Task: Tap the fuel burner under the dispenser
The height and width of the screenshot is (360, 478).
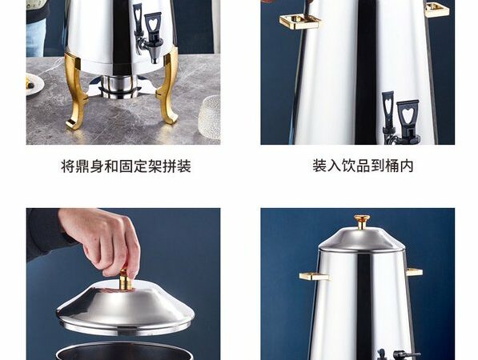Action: tap(119, 86)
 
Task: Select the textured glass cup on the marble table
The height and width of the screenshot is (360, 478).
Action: tap(210, 118)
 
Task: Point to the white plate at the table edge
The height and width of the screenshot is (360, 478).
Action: tap(34, 84)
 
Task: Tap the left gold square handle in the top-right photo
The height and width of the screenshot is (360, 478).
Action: tap(300, 22)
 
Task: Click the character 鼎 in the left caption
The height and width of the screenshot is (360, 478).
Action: tap(82, 166)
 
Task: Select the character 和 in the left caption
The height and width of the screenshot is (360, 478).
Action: tap(111, 166)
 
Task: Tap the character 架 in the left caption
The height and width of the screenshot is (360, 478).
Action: tap(155, 166)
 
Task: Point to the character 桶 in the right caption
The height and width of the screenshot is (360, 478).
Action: tap(392, 166)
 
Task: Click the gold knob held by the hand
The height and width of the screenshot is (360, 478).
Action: tap(125, 280)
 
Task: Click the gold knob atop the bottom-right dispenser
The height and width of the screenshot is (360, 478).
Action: tap(362, 222)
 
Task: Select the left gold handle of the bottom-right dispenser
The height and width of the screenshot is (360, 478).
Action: tap(315, 276)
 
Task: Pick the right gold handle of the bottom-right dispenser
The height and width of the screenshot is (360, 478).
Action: tap(414, 272)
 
